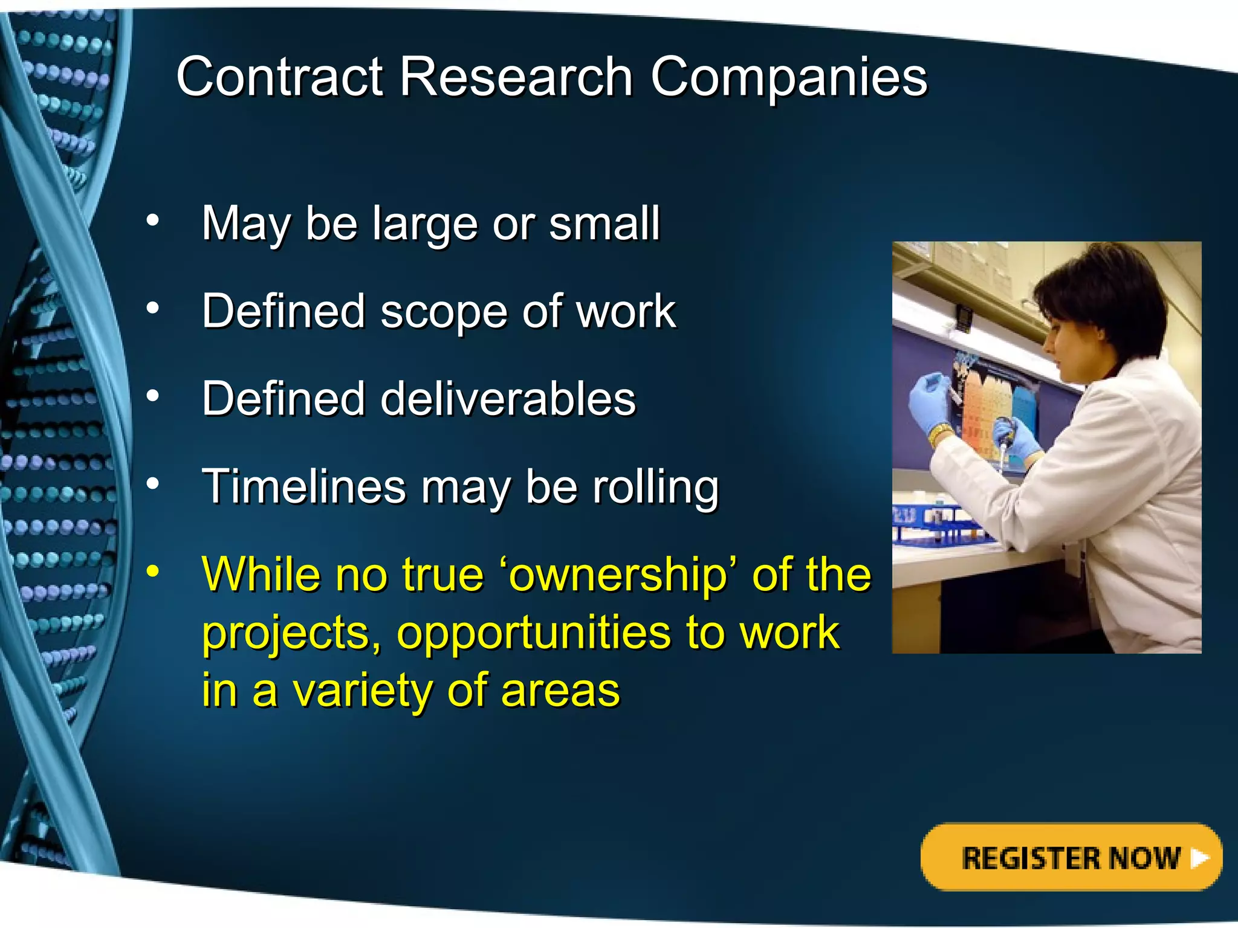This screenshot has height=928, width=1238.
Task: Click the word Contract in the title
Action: point(280,77)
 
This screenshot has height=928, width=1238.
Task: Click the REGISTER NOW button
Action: point(1071,857)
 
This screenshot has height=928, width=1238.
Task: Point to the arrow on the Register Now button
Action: point(1199,857)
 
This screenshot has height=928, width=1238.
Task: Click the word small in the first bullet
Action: point(604,224)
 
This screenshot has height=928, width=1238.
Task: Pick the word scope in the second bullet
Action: point(444,312)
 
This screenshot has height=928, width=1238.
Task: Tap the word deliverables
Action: point(508,399)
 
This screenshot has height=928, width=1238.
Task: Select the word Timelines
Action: point(303,487)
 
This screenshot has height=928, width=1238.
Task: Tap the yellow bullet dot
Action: point(153,571)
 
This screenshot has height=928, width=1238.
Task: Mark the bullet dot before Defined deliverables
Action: point(153,396)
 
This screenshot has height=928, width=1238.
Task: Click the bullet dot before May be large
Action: point(153,221)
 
